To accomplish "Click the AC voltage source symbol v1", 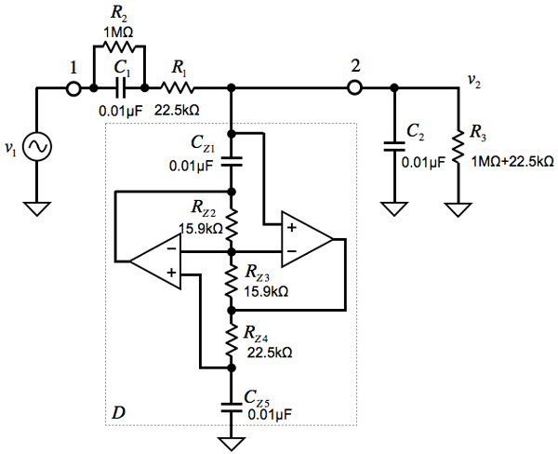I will point(37,146).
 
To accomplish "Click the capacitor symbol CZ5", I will point(231,406).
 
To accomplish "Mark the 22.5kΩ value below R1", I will point(177,109).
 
